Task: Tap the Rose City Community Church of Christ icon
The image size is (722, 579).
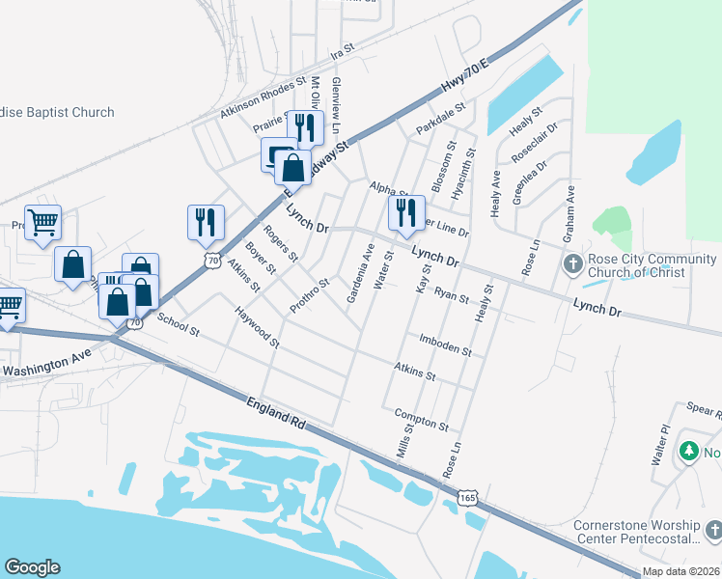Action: tap(572, 263)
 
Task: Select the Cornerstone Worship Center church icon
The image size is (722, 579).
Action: tap(712, 531)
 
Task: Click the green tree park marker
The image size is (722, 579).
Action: tap(688, 451)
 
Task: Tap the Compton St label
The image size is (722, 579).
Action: tap(422, 419)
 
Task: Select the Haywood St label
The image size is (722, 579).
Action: tap(256, 327)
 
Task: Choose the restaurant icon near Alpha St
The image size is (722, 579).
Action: tap(406, 212)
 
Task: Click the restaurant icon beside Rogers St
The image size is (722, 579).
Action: tap(206, 222)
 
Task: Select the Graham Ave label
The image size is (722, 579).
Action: tap(570, 207)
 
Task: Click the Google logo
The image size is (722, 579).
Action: tap(32, 567)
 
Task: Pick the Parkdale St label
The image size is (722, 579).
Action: tap(441, 121)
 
